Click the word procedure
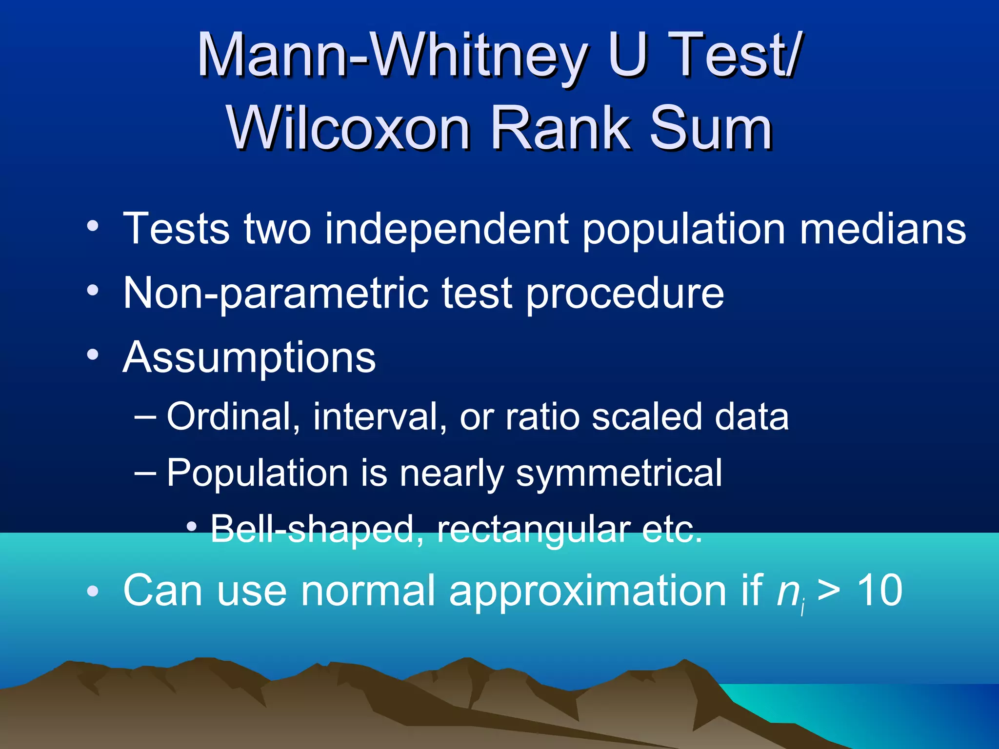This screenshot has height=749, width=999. [624, 294]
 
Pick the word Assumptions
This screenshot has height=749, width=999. [249, 358]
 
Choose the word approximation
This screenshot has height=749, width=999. [605, 591]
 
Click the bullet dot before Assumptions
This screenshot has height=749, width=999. [92, 355]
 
